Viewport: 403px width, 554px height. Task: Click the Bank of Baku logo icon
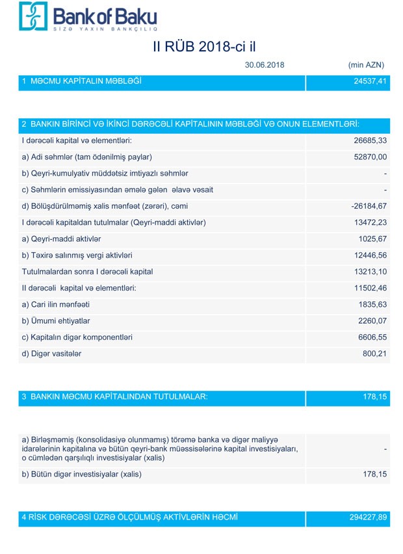point(33,16)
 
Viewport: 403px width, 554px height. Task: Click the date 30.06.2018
point(265,65)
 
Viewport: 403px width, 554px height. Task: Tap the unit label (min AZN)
point(366,65)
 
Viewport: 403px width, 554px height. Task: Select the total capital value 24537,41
point(370,81)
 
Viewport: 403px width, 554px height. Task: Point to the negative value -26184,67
point(369,206)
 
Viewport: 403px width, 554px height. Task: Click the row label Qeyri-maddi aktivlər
point(61,239)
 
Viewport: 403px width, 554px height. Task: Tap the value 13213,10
point(370,272)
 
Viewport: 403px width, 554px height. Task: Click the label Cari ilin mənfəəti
point(56,304)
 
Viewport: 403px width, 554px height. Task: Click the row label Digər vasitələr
point(52,354)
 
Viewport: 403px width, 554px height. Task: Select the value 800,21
point(374,354)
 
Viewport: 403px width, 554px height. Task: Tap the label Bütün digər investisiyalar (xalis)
point(81,474)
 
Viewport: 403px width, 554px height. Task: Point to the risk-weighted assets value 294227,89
point(368,518)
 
